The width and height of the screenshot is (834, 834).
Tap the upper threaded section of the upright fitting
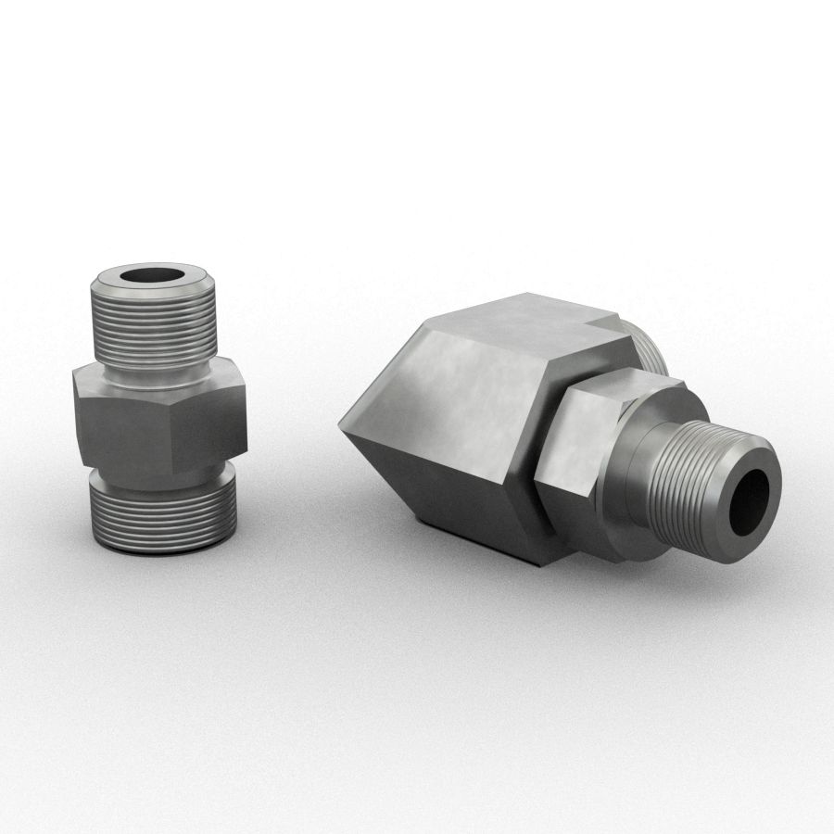tap(153, 324)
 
